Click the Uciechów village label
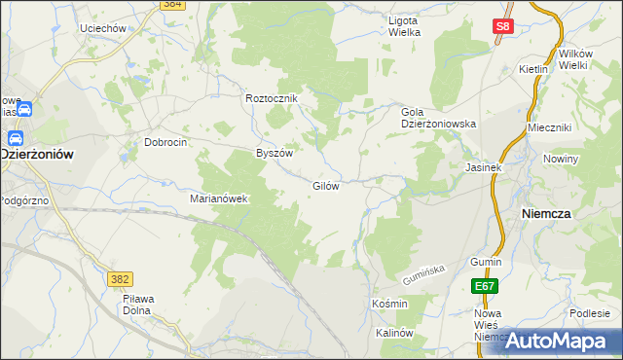click(105, 29)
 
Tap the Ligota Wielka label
click(404, 26)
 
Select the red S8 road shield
click(502, 29)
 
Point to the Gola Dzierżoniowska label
click(438, 118)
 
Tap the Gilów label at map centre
click(325, 186)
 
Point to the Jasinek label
click(483, 167)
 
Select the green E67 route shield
click(486, 286)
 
